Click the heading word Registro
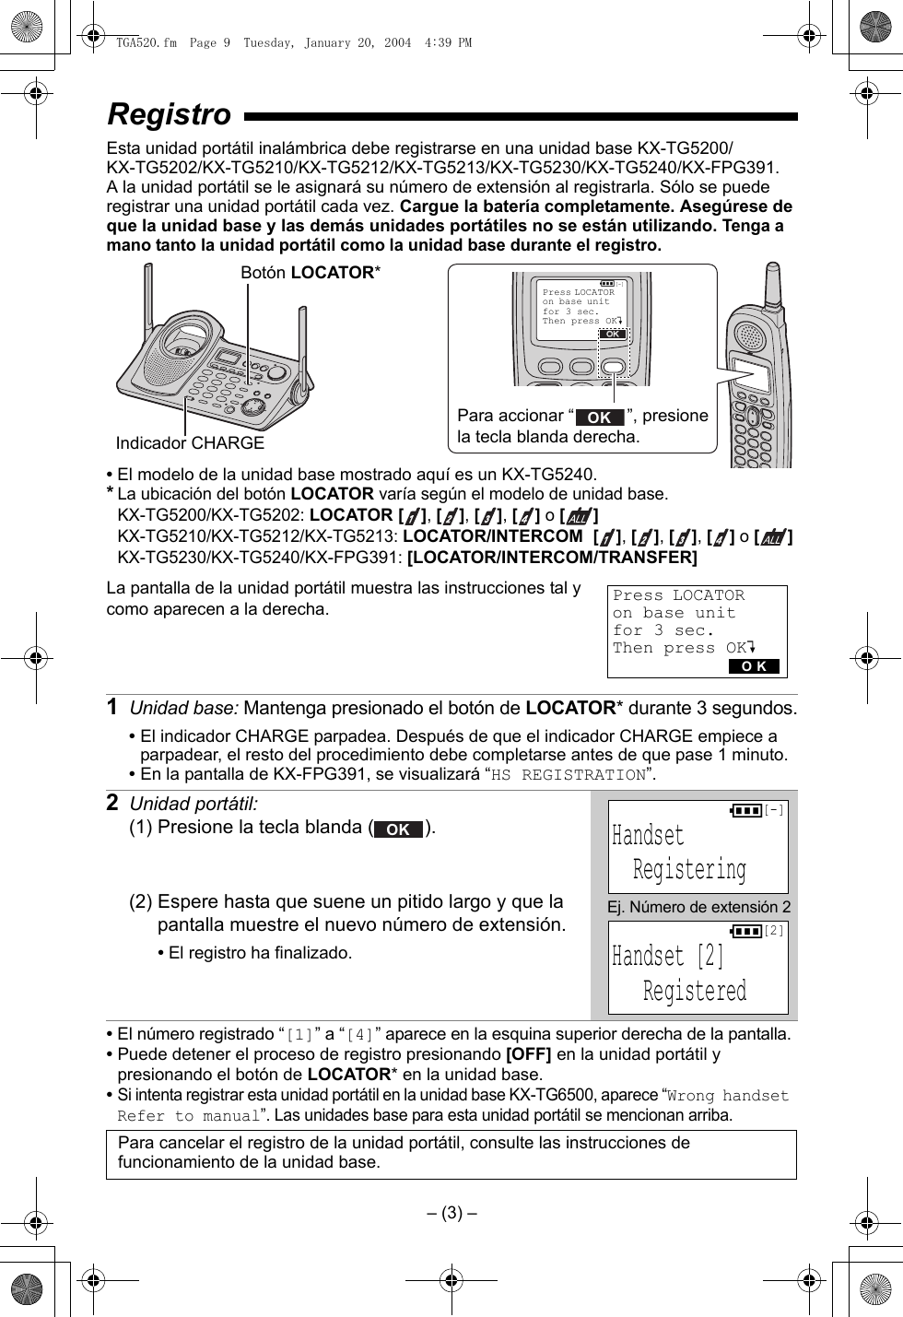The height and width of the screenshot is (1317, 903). (x=170, y=114)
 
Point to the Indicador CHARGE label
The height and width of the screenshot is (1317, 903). (x=190, y=443)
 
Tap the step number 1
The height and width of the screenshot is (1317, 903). (x=111, y=707)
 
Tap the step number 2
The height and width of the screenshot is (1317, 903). (x=111, y=803)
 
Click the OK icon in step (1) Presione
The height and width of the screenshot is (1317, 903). (x=398, y=829)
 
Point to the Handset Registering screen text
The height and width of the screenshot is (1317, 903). (x=680, y=853)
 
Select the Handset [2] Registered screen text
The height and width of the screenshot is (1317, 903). (x=680, y=973)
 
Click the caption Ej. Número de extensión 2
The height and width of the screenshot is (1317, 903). (x=698, y=907)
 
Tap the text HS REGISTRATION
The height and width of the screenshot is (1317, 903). (x=568, y=775)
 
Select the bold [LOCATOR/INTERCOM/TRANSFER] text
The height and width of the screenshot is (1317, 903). (x=552, y=558)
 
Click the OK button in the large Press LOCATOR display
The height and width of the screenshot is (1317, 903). (x=754, y=666)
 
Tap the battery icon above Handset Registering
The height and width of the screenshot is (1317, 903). (x=746, y=810)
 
